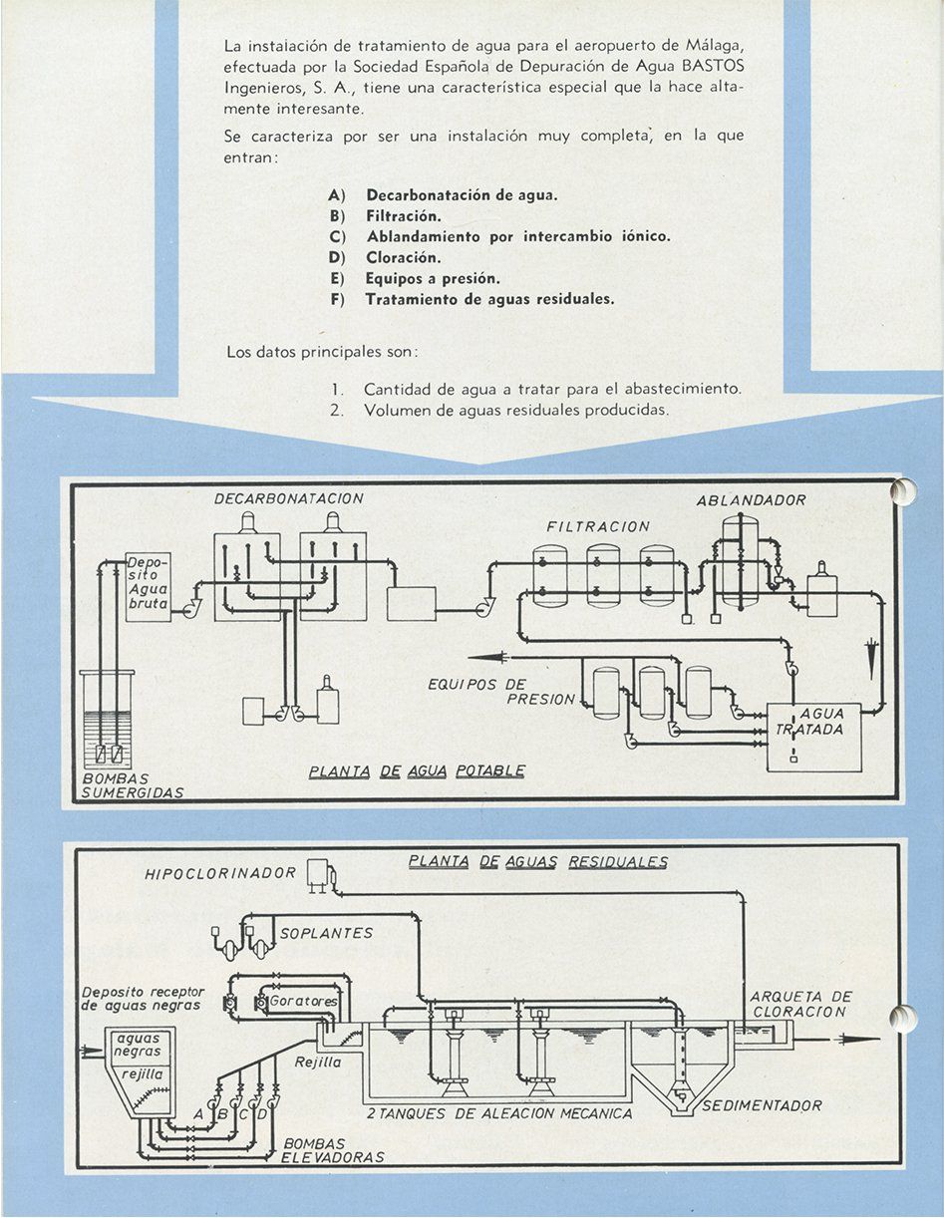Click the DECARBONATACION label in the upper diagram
tap(289, 498)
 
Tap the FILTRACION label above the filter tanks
tap(597, 526)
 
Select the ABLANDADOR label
tap(751, 500)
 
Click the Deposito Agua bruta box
tap(148, 587)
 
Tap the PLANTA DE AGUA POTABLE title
tap(417, 770)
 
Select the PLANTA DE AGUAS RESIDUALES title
tap(538, 861)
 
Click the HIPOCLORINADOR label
tap(220, 874)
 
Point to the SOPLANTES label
tap(326, 933)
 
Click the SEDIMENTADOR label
tap(762, 1105)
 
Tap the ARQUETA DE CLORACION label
tap(800, 1004)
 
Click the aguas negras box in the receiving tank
tap(138, 1045)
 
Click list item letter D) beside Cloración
tap(336, 257)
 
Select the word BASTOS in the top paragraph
tap(714, 66)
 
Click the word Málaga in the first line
tap(715, 45)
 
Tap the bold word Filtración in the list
tap(403, 215)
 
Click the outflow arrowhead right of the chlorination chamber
tap(864, 1040)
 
